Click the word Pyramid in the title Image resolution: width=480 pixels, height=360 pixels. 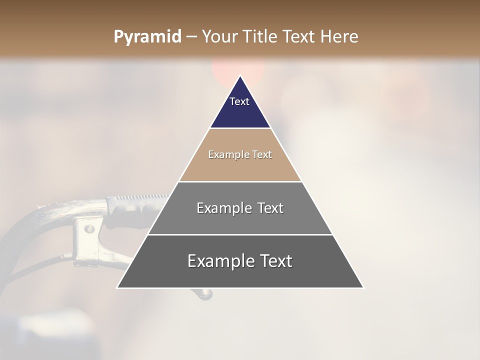tap(147, 37)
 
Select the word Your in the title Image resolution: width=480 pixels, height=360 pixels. tap(219, 37)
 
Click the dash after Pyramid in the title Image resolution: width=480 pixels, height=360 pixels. tap(191, 37)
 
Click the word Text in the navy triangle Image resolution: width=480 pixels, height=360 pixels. tap(239, 101)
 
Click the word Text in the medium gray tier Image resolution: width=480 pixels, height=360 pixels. tap(270, 208)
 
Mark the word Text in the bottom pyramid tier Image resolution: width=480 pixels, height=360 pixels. tap(274, 261)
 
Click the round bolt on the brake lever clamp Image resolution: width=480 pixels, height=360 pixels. tap(89, 229)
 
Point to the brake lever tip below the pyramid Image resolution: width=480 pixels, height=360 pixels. tap(205, 294)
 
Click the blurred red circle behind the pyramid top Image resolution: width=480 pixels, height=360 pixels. tap(220, 70)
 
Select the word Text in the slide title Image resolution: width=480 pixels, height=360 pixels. tap(299, 37)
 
